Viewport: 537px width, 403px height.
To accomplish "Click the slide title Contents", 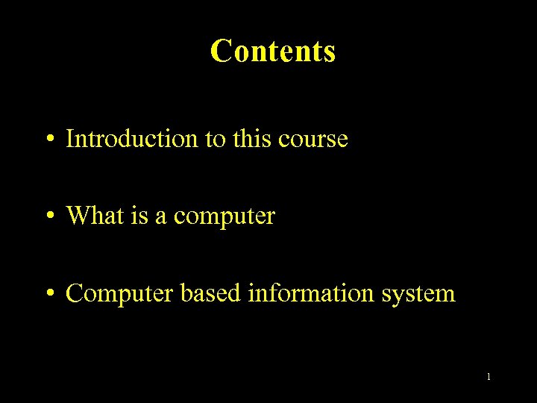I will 273,51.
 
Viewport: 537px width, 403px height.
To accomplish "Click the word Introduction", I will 131,139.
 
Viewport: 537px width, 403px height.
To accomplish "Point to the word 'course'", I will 314,140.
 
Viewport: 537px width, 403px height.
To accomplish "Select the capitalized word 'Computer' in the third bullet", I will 121,294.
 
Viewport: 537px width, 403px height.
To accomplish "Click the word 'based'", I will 211,293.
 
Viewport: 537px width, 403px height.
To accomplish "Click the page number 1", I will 489,377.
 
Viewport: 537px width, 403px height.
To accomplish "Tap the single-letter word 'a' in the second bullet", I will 160,218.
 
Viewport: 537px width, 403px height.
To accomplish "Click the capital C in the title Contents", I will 221,51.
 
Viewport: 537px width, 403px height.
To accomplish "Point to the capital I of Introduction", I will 70,139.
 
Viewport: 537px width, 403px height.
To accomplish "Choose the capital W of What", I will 78,216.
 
